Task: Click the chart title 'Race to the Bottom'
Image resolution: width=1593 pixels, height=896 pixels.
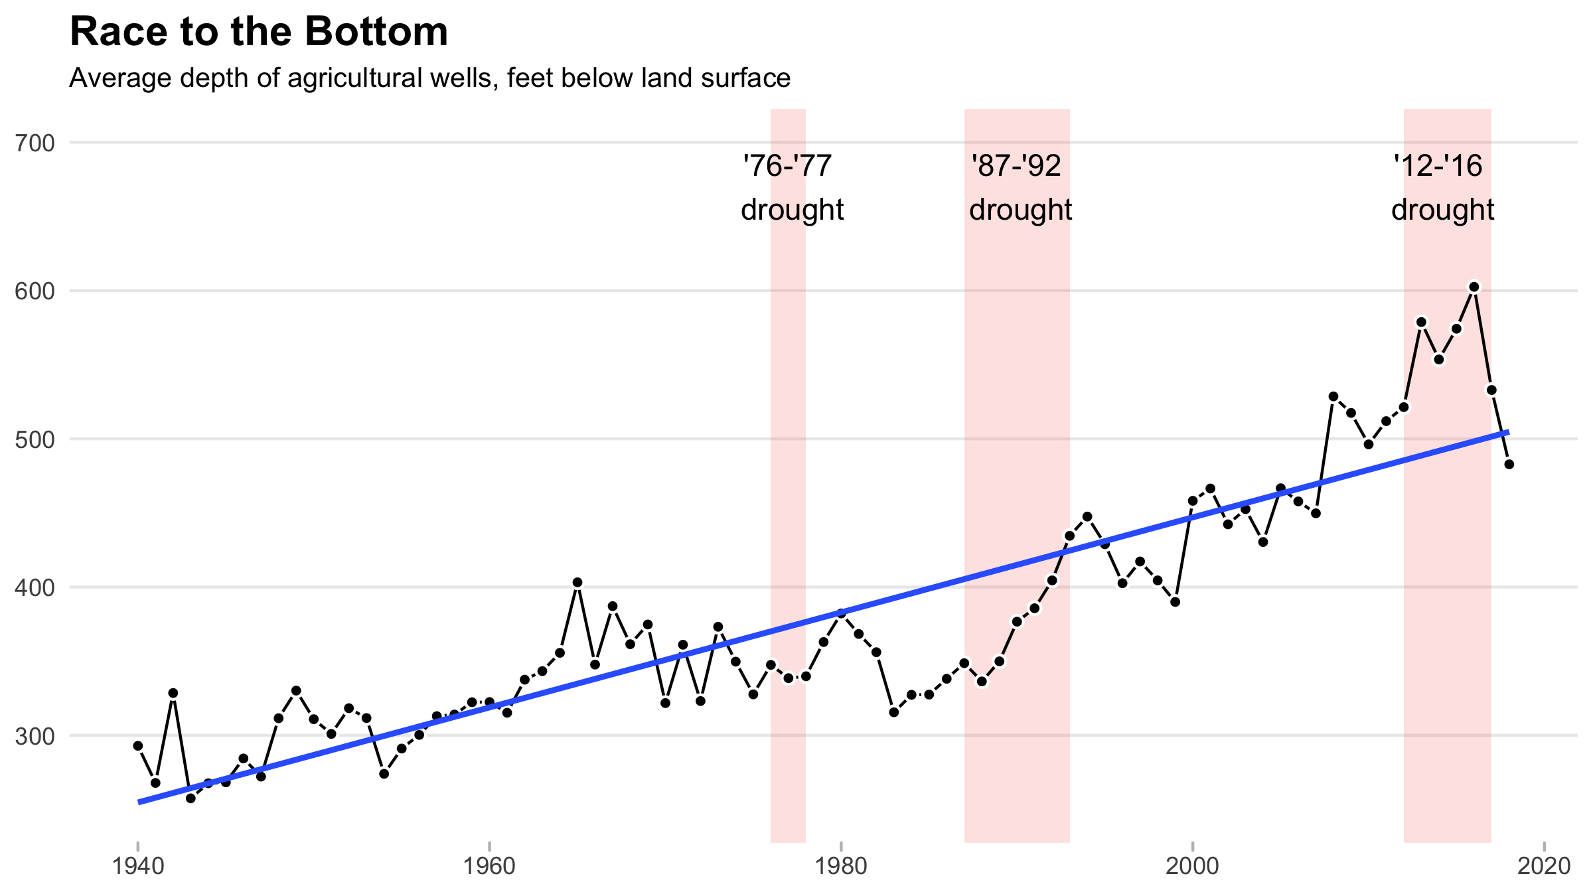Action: coord(259,32)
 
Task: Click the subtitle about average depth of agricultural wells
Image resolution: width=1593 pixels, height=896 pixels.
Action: coord(430,78)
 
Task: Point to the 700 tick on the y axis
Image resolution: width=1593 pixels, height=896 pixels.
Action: coord(34,143)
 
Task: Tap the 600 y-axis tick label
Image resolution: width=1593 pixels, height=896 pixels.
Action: coord(34,291)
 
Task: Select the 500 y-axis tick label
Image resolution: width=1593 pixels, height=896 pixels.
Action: coord(34,439)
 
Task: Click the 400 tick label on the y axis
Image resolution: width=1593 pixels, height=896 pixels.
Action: coord(34,587)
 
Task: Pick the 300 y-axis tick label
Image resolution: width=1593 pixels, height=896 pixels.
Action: coord(34,736)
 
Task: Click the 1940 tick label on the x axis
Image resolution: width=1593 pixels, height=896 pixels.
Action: coord(138,866)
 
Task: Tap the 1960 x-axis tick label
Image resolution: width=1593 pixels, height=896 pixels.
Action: coord(489,866)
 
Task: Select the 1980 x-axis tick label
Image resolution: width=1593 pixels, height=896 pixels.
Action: coord(841,866)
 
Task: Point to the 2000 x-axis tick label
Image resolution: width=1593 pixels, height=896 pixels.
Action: coord(1193,866)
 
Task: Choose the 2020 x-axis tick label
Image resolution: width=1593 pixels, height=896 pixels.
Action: coord(1544,866)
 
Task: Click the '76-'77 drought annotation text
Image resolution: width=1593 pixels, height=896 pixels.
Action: coord(792,188)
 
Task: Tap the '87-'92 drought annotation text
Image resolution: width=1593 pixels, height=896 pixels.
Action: coord(1020,188)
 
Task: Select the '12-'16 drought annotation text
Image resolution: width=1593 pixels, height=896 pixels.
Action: coord(1442,188)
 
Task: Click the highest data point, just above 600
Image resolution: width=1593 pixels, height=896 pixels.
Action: coord(1474,287)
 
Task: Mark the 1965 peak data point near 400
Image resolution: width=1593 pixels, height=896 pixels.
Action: coord(577,583)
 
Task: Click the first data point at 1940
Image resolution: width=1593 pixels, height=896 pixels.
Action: coord(138,746)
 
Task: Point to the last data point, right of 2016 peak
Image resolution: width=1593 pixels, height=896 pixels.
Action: coord(1509,464)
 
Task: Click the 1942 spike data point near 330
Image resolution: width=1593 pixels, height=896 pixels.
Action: coord(173,693)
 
